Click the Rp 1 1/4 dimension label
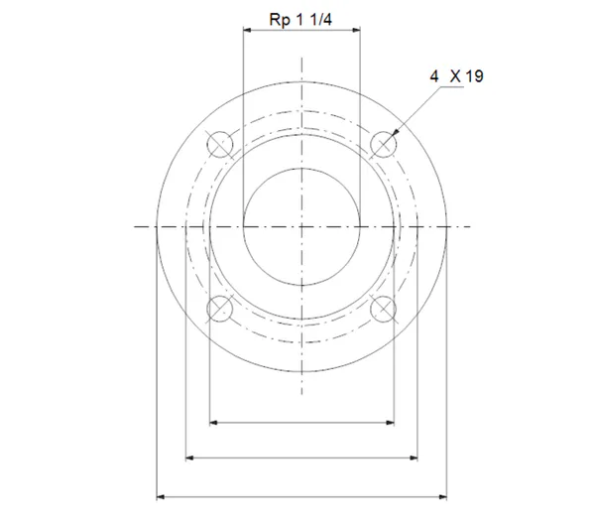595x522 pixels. click(x=300, y=20)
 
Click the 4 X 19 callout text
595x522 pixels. click(x=456, y=76)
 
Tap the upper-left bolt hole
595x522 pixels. click(x=220, y=145)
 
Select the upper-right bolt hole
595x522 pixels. click(x=383, y=145)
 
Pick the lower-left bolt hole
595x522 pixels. click(x=220, y=309)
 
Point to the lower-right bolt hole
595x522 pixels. click(x=383, y=309)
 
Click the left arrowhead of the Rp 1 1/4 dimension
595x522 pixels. click(x=247, y=30)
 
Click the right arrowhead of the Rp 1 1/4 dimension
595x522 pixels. click(x=356, y=30)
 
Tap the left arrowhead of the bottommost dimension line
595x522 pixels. click(x=161, y=496)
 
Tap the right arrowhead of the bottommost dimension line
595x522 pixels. click(x=443, y=496)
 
